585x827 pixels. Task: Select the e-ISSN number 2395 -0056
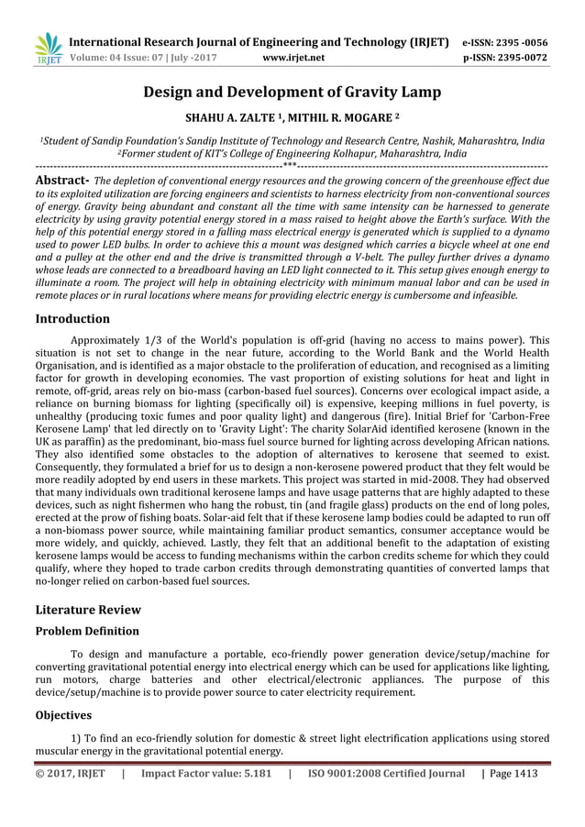[x=520, y=42]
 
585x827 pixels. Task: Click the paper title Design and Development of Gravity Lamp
[x=292, y=92]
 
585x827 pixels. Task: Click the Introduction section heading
[x=72, y=319]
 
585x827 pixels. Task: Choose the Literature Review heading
[x=88, y=610]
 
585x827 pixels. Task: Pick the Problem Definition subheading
[x=87, y=632]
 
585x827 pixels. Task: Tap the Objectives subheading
[x=63, y=715]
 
